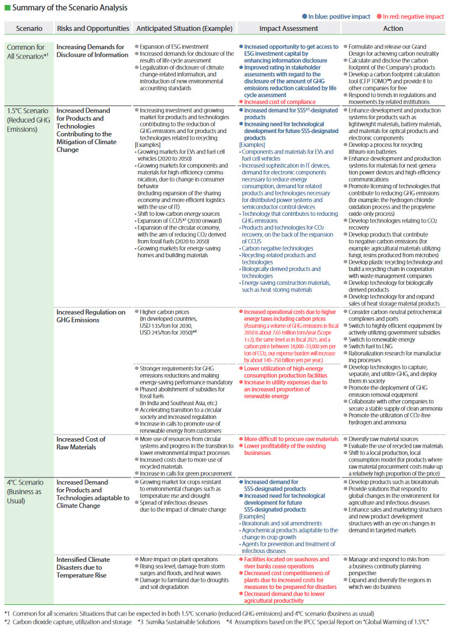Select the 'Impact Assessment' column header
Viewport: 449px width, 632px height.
pos(289,28)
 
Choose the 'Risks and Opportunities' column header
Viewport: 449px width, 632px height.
pos(93,28)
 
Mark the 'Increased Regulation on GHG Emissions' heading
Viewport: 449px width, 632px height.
pos(91,316)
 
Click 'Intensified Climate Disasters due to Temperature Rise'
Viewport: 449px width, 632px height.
pos(83,567)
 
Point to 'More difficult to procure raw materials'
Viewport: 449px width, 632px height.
pos(291,439)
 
